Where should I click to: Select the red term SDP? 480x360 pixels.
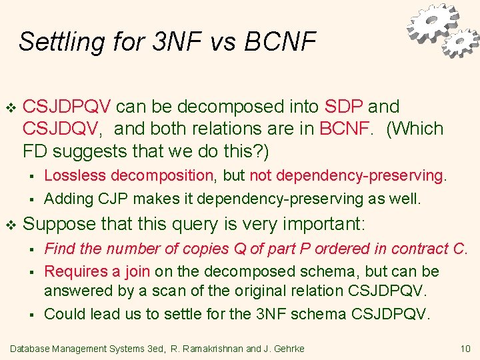point(343,107)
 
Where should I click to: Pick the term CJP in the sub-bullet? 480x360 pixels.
point(99,199)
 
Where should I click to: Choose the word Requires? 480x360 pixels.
point(72,271)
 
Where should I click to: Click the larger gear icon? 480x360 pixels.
point(433,23)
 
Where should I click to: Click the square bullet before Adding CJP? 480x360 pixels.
point(31,199)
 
